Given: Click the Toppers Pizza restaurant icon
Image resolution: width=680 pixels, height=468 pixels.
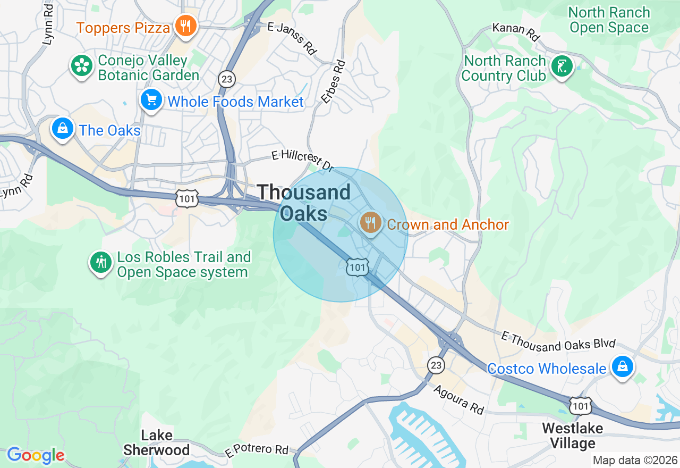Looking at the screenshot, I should [185, 26].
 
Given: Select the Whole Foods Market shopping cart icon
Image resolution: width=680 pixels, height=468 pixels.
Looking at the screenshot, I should [151, 99].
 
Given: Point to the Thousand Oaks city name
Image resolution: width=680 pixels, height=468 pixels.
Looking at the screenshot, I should [304, 203].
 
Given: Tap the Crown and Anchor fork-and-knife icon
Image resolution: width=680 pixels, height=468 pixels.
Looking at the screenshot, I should [370, 222].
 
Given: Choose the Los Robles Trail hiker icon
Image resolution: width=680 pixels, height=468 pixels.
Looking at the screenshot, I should [100, 262].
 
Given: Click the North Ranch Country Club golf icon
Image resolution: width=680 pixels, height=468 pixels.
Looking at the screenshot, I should [562, 66].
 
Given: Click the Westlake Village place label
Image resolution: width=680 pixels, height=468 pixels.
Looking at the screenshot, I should [572, 436].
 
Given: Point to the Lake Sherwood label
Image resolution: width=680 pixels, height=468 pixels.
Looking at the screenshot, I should [156, 442].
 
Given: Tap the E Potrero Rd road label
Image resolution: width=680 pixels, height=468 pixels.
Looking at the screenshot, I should [257, 450].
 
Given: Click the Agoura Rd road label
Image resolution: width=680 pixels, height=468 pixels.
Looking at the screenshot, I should [458, 400].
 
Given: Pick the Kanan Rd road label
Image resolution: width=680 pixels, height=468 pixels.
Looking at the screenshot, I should [516, 32].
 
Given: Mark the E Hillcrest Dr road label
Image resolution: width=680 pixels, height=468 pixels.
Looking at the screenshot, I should [302, 161].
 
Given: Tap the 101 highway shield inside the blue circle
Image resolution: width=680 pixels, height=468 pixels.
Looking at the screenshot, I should [356, 267].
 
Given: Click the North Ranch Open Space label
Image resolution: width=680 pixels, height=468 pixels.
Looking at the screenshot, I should [609, 20].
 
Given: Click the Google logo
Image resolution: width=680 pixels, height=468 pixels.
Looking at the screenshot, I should [36, 455].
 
